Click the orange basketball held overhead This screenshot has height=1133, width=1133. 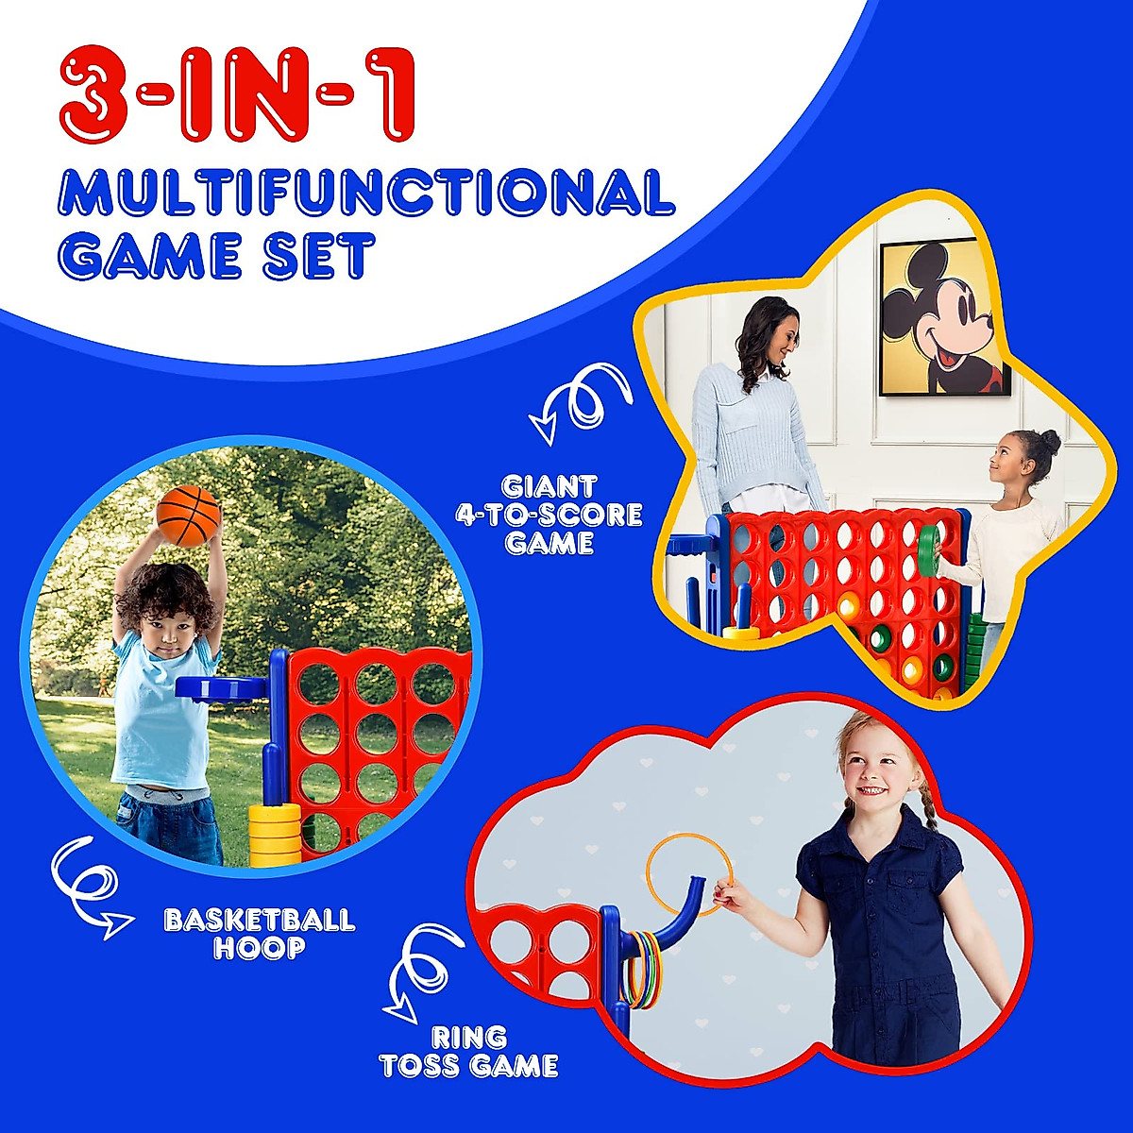pyautogui.click(x=188, y=516)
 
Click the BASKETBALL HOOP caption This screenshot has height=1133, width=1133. pyautogui.click(x=260, y=933)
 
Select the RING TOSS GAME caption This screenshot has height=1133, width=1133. pyautogui.click(x=468, y=1052)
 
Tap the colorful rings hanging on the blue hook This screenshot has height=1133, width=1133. pyautogui.click(x=642, y=968)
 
